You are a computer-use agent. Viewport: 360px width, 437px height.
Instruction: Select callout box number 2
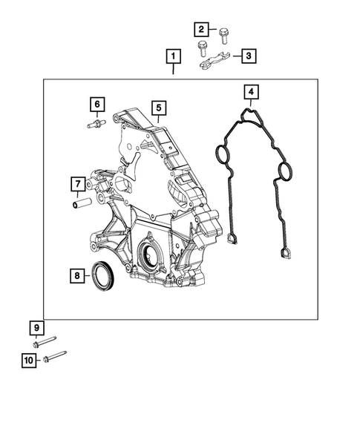201,30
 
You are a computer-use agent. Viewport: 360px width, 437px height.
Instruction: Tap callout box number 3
247,56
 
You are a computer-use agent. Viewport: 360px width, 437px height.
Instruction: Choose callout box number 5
158,108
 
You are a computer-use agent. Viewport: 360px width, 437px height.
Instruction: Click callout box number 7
76,183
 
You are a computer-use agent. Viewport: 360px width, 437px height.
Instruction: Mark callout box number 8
76,276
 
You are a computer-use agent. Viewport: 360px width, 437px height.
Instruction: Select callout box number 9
34,328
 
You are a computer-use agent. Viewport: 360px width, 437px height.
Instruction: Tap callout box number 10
29,361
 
